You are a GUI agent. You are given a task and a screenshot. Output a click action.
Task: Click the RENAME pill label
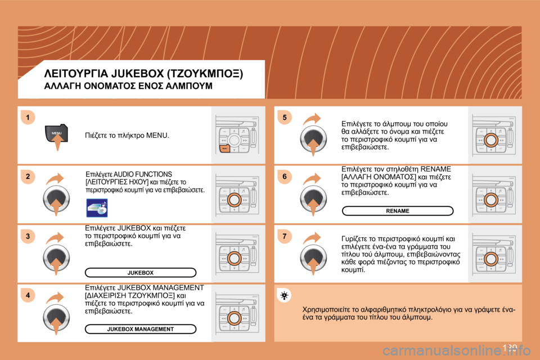(398, 211)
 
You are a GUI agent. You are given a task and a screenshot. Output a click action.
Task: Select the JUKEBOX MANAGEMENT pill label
(141, 328)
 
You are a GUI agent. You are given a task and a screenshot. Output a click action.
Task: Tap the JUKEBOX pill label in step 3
(141, 273)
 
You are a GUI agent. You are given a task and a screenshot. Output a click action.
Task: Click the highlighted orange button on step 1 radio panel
(224, 148)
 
